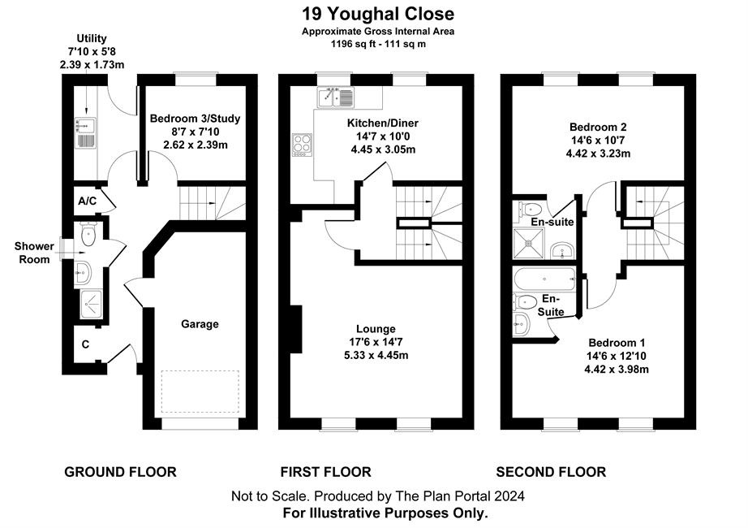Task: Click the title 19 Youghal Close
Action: [x=378, y=14]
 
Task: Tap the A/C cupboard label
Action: [x=88, y=201]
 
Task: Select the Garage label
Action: [x=200, y=324]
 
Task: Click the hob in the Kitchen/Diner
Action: [x=302, y=145]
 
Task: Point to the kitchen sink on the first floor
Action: [x=336, y=97]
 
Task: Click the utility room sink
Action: [x=86, y=133]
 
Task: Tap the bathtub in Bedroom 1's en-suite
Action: [x=544, y=279]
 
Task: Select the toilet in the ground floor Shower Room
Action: [x=88, y=234]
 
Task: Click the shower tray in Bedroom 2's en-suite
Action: [x=529, y=243]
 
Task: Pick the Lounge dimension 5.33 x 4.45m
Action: [x=376, y=356]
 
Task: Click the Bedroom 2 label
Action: [x=598, y=127]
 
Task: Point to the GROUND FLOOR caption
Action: [x=120, y=472]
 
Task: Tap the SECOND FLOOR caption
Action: [x=551, y=472]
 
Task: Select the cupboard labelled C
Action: [x=85, y=344]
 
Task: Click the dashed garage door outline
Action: [x=200, y=392]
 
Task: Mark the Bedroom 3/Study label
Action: [x=195, y=119]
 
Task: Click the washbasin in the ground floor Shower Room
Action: [x=83, y=273]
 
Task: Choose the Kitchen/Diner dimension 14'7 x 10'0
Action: [x=383, y=136]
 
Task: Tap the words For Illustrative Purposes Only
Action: [x=385, y=513]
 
